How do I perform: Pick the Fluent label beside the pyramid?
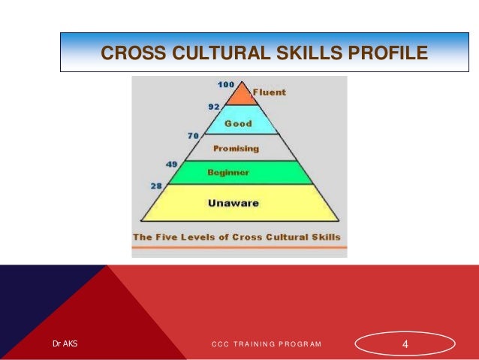point(268,92)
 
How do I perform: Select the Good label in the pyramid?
point(239,123)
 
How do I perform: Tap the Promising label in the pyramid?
point(236,148)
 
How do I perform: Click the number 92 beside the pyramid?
point(213,107)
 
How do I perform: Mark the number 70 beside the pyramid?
point(192,136)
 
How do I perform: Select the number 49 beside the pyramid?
point(172,162)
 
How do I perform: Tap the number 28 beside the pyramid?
point(157,185)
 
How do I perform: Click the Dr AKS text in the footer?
point(65,344)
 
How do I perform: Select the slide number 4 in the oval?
point(405,344)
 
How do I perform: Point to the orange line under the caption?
point(239,247)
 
